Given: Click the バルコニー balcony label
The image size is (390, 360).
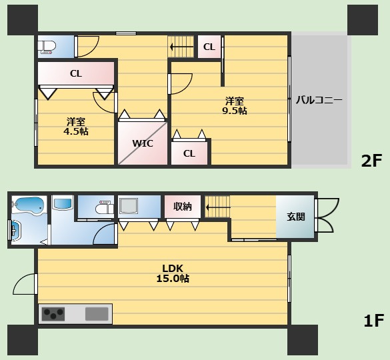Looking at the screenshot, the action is coord(319,100).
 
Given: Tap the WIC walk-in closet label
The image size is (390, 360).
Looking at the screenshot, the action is coord(143,143).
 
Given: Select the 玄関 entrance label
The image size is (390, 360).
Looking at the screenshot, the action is coord(296,217).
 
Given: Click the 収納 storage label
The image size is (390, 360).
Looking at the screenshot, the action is coord(183,206).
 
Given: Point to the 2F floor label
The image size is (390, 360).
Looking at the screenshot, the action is coord(371,161).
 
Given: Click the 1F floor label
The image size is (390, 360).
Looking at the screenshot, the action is coord(374,321).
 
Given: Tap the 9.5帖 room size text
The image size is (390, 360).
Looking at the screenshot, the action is coord(234,111).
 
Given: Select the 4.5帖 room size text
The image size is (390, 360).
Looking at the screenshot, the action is coord(76,131).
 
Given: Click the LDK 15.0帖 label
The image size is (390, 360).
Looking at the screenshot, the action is coord(173,273).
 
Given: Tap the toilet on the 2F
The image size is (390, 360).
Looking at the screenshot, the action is coord(47,47).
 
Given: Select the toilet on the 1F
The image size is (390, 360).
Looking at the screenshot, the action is coord(105,207).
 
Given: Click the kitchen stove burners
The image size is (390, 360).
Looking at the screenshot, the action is coord(53,314).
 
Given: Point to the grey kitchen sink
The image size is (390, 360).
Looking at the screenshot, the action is coord(97,314).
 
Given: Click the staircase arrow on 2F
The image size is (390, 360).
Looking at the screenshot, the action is coord(181,47).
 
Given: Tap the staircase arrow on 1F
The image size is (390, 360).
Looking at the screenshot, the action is coord(218,207).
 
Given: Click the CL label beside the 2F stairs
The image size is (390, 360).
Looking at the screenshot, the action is coord(209,47).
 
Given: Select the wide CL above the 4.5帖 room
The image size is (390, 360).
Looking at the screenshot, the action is coord(76,73).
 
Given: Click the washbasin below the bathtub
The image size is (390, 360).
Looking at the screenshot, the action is coord(16,231).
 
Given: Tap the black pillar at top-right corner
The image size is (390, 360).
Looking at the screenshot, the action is coord(363,20).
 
